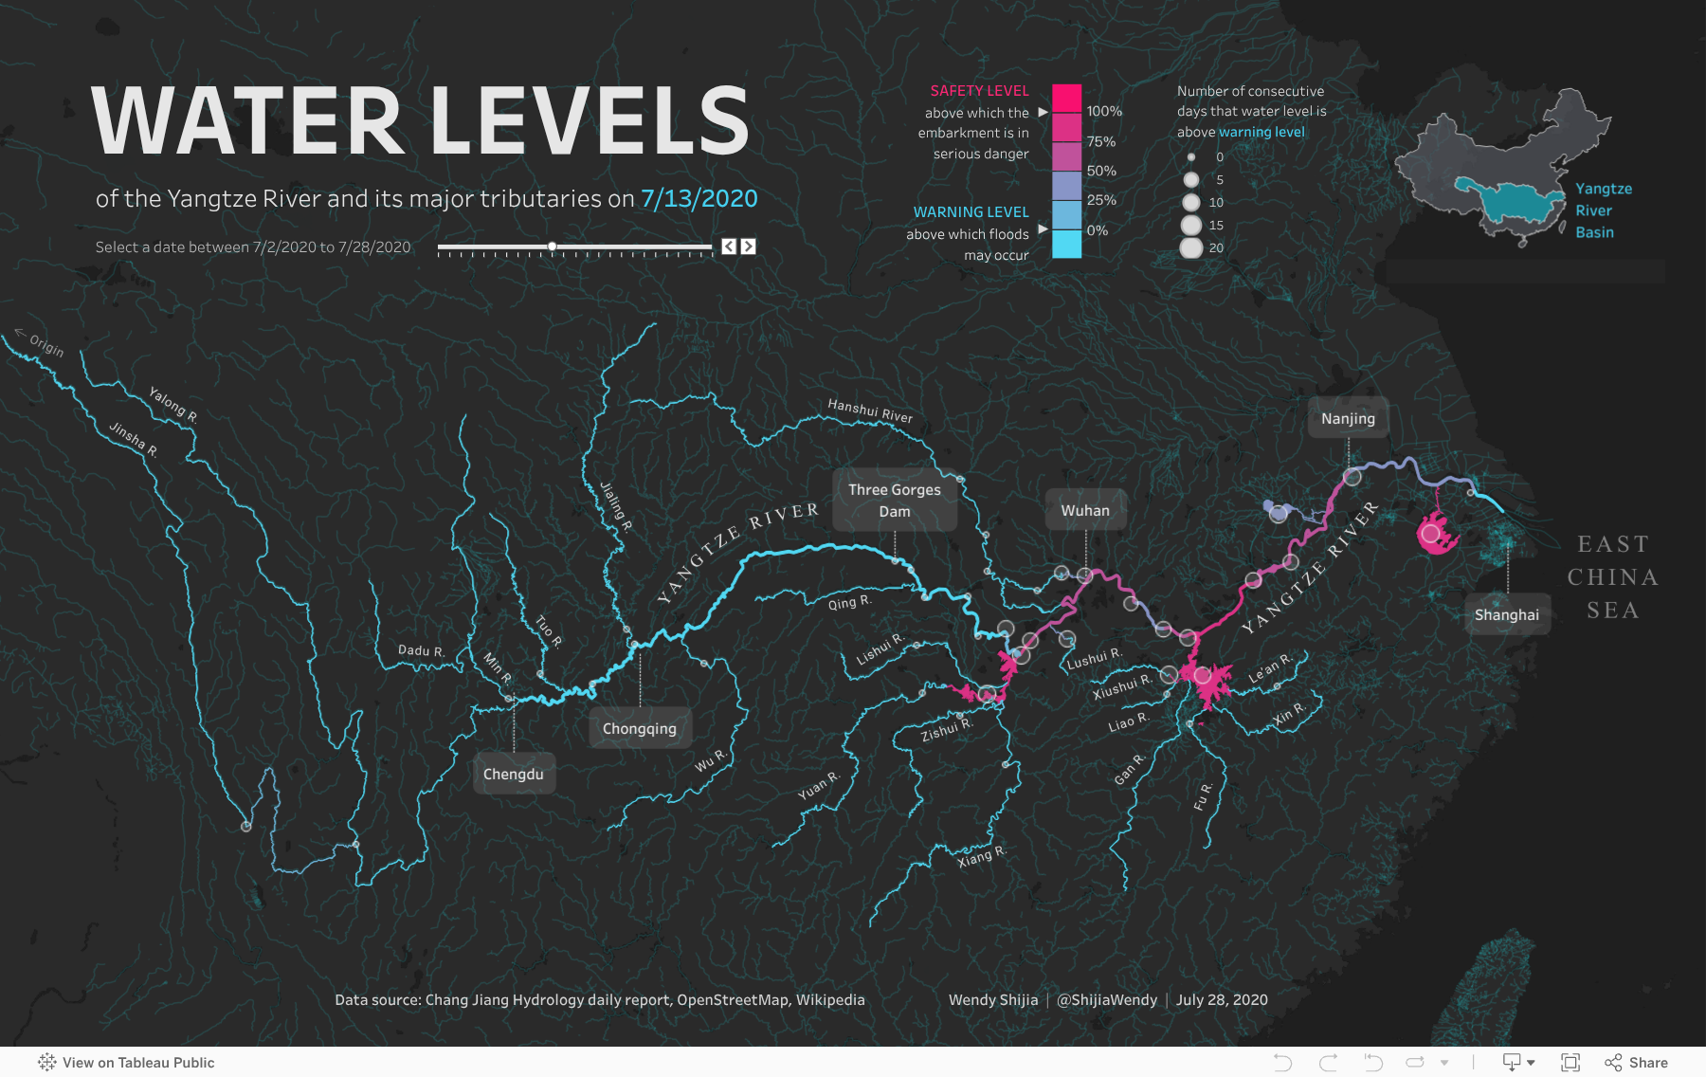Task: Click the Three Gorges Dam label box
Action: pyautogui.click(x=895, y=501)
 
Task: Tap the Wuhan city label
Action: pyautogui.click(x=1085, y=510)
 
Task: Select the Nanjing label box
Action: pyautogui.click(x=1348, y=418)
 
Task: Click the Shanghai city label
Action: pyautogui.click(x=1507, y=614)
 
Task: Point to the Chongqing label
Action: pyautogui.click(x=640, y=728)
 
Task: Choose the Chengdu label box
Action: pyautogui.click(x=514, y=774)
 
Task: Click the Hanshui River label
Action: pyautogui.click(x=870, y=411)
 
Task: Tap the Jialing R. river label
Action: pyautogui.click(x=616, y=506)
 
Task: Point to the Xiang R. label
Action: pyautogui.click(x=982, y=856)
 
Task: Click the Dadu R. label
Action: pyautogui.click(x=421, y=650)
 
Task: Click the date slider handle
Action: pyautogui.click(x=552, y=246)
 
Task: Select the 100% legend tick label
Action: pyautogui.click(x=1104, y=111)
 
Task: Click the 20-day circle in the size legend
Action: pyautogui.click(x=1191, y=247)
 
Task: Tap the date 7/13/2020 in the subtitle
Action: pyautogui.click(x=699, y=198)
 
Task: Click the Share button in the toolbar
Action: pyautogui.click(x=1637, y=1063)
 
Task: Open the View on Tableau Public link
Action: pyautogui.click(x=127, y=1063)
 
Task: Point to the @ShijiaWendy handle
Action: pyautogui.click(x=1107, y=999)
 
